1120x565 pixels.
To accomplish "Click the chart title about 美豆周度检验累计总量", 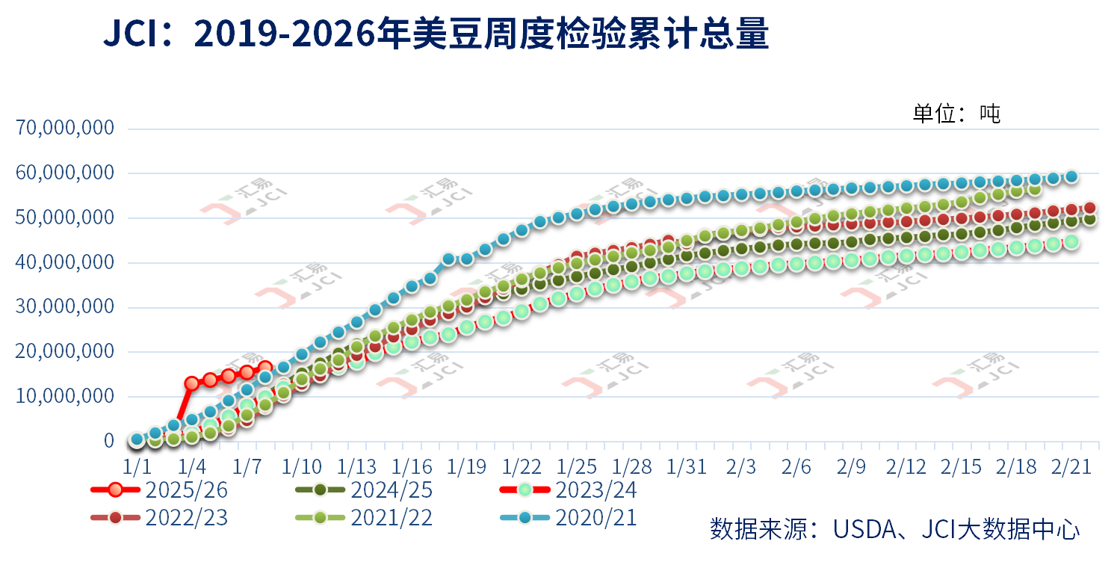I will pos(436,35).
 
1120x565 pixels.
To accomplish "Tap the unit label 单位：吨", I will pos(956,114).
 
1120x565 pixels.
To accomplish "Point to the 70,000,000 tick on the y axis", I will pos(66,129).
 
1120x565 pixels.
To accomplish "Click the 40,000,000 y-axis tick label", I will pos(66,262).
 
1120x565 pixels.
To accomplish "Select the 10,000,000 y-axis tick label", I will pos(66,396).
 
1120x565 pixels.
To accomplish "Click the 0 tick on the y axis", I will pos(109,441).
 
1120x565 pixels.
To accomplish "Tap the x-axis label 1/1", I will pos(137,466).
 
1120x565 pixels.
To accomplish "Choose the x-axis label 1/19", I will pos(467,466).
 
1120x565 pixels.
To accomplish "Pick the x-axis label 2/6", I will pos(796,466).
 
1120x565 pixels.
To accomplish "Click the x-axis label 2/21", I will pos(1071,466).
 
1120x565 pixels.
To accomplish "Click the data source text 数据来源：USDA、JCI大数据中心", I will pos(894,529).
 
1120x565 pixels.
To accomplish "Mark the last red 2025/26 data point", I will pos(265,368).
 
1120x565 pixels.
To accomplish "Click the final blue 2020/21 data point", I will pos(1071,176).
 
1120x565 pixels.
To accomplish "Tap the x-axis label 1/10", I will pos(302,466).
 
